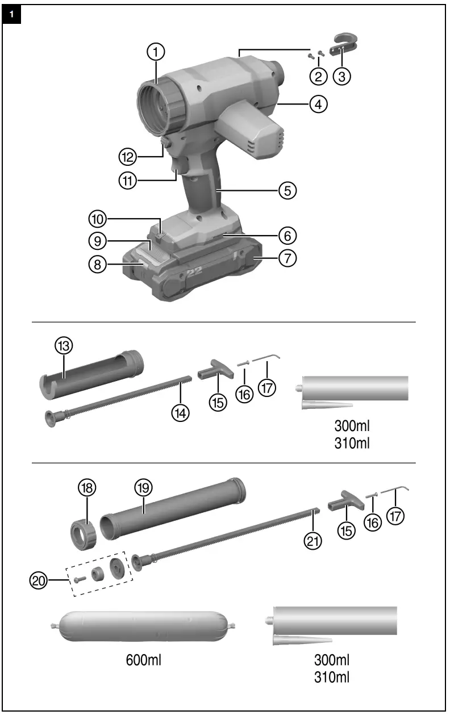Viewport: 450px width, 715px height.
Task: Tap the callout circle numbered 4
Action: pos(318,104)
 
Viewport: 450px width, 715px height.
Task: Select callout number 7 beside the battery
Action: pos(288,258)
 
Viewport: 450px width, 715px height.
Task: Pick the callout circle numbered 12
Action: pos(128,155)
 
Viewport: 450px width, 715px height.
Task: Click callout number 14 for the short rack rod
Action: pos(181,412)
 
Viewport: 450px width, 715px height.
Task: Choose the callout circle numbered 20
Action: pos(39,580)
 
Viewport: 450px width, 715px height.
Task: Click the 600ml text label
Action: pos(143,660)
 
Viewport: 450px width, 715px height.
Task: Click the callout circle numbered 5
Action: pos(287,190)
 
